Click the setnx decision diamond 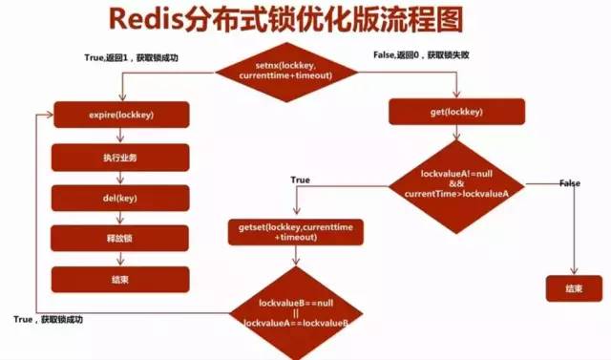point(285,70)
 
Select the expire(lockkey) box point(122,114)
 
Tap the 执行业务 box point(122,156)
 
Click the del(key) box point(122,197)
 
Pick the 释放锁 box point(122,238)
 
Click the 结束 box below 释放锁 point(122,279)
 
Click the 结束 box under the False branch point(574,287)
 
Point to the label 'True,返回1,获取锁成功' point(132,58)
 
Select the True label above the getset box point(300,180)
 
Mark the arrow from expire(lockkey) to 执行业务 point(122,135)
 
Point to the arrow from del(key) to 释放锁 point(122,218)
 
